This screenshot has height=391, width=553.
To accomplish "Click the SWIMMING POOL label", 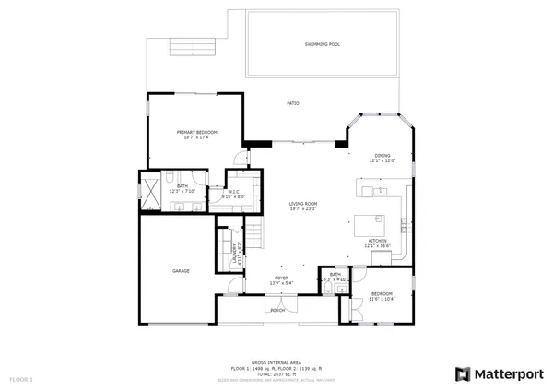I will (x=322, y=44).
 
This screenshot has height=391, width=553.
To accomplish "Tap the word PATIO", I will (x=293, y=103).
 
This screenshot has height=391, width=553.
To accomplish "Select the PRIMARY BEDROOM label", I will (x=194, y=132).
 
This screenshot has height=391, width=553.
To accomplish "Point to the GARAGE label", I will (x=181, y=271).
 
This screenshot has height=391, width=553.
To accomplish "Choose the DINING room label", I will (x=382, y=155).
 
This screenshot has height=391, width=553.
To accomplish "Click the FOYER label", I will (x=280, y=278).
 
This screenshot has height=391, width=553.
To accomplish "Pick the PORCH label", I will (x=277, y=311).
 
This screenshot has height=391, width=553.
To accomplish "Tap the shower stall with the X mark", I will (x=148, y=192).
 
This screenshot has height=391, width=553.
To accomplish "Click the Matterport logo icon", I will (x=463, y=373).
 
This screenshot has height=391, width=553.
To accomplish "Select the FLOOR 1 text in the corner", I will (x=20, y=379).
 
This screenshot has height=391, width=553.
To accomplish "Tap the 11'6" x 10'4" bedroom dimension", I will (x=382, y=299).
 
